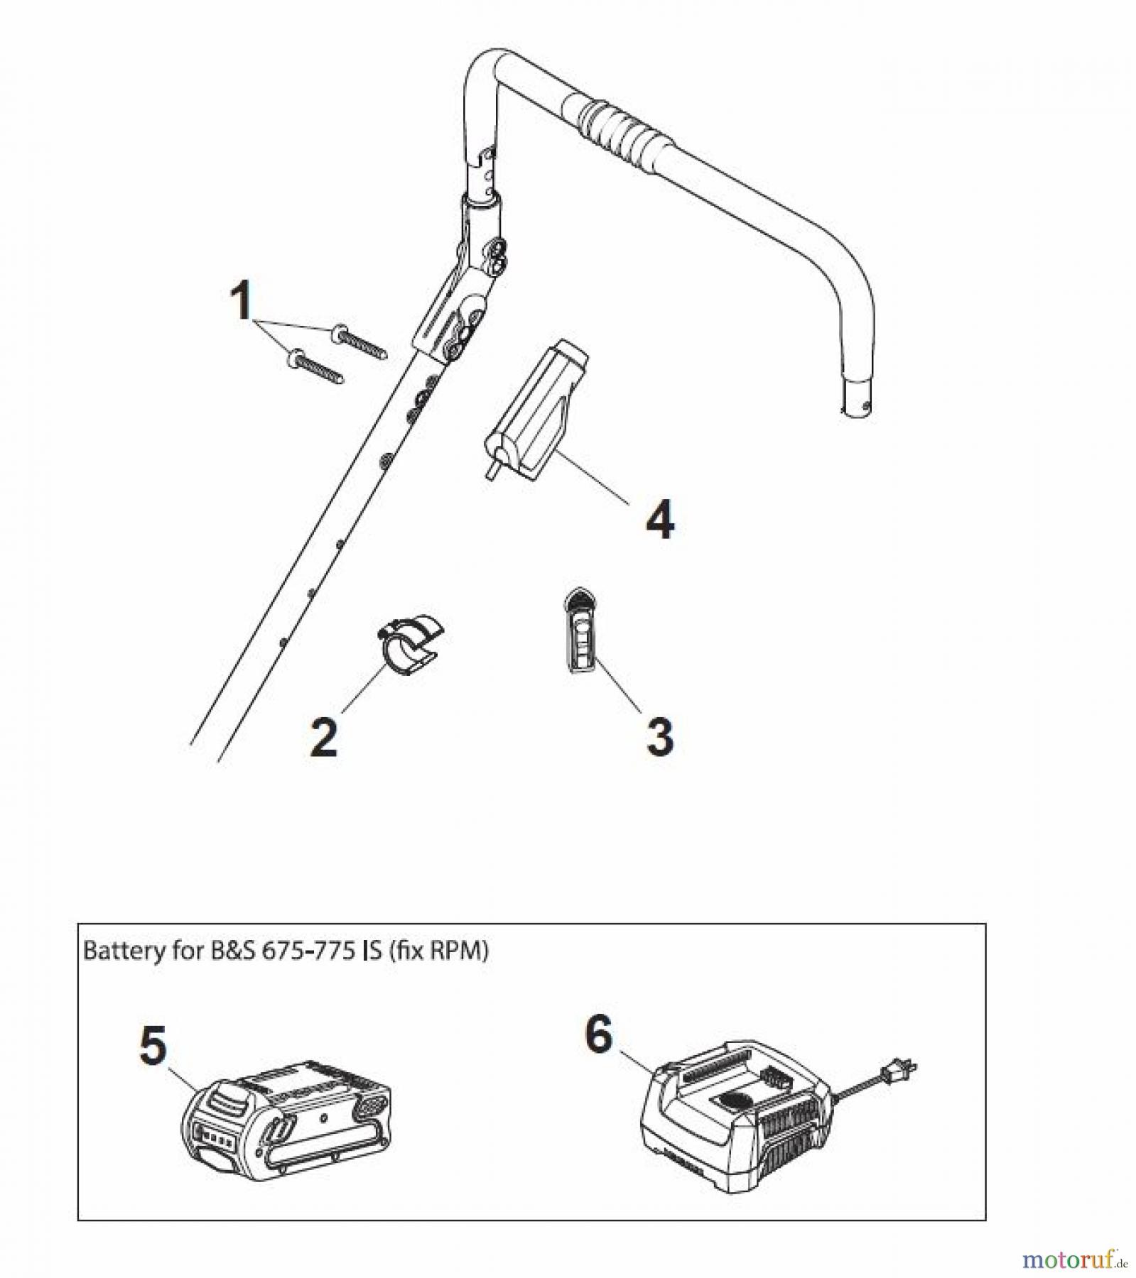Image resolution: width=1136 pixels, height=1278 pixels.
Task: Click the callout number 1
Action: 243,300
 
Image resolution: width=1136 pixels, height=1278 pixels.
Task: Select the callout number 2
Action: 324,736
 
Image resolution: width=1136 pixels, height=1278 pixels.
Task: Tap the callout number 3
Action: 660,736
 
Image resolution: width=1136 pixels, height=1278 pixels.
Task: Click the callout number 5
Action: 154,1047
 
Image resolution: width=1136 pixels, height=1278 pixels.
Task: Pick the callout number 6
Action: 598,1034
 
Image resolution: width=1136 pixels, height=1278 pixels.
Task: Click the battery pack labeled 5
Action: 288,1122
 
